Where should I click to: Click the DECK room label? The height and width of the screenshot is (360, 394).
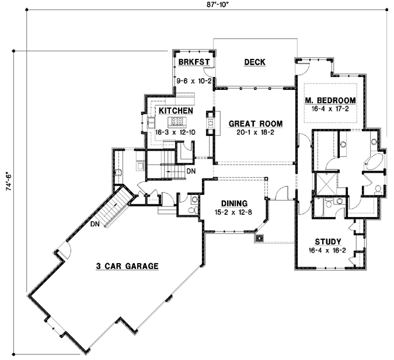coord(254,62)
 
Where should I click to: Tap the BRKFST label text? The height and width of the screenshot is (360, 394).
coord(191,62)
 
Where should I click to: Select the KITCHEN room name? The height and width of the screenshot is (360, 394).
coord(176,110)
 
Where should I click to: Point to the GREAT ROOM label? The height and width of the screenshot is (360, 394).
coord(255,124)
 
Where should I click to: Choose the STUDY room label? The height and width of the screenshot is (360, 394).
coord(327,241)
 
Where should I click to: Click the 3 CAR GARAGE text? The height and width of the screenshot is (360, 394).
coord(127,266)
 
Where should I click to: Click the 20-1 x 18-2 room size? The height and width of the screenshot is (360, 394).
coord(255,134)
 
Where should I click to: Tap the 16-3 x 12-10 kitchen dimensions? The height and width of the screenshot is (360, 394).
coord(176,133)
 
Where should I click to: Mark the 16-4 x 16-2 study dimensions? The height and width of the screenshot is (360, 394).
coord(327,250)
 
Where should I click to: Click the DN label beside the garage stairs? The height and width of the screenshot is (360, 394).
coord(95,223)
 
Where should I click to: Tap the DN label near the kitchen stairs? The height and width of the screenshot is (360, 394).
coord(191,172)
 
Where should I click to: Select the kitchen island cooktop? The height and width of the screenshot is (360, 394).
coord(177,122)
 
